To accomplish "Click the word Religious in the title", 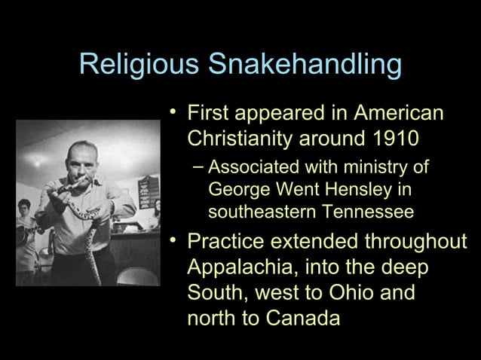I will [x=139, y=66].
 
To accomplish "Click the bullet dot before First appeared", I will [x=173, y=114].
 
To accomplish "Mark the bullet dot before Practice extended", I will [x=173, y=241].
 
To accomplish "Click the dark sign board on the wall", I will [x=148, y=192].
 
